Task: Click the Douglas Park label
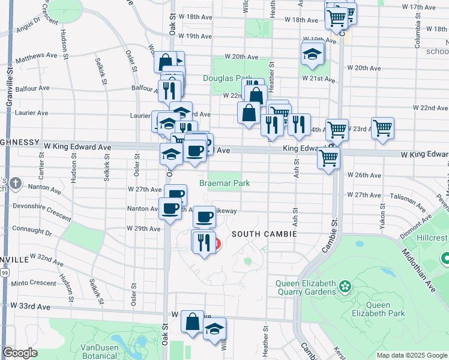[x=228, y=78]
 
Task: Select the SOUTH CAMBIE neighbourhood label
[x=264, y=233]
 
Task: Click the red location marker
[x=215, y=244]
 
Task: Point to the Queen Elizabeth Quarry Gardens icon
[x=345, y=286]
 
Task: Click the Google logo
[x=20, y=353]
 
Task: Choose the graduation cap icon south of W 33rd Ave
[x=214, y=329]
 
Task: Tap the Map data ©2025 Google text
[x=412, y=355]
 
